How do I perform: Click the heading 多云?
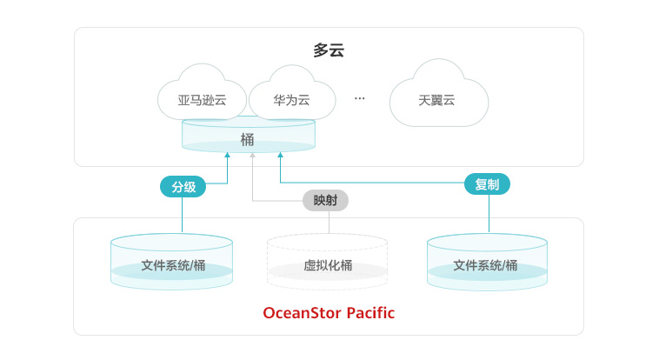(x=329, y=50)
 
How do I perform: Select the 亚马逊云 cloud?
(x=202, y=100)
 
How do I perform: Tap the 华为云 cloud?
(x=291, y=100)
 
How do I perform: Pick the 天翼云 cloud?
(x=436, y=100)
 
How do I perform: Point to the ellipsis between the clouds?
(x=360, y=98)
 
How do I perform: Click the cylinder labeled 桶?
(x=248, y=137)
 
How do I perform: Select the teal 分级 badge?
(x=183, y=186)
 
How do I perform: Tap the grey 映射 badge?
(x=325, y=200)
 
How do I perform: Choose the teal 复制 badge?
(x=487, y=184)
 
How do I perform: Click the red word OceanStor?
(x=302, y=312)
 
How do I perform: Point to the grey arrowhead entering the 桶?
(x=252, y=156)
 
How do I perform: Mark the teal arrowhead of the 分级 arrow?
(x=227, y=156)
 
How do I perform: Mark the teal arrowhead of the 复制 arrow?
(x=280, y=156)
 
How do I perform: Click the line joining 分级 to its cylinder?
(x=183, y=215)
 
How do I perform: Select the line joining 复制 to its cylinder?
(x=488, y=213)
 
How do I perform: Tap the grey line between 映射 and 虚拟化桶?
(x=329, y=222)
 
